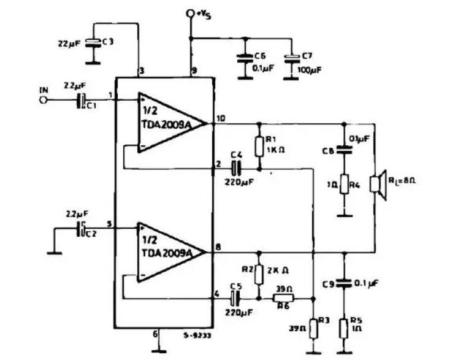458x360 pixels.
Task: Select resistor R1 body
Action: point(259,146)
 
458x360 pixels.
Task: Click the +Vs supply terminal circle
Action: point(191,13)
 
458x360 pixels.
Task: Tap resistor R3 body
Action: point(313,327)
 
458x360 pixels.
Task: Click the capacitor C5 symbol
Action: point(235,299)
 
